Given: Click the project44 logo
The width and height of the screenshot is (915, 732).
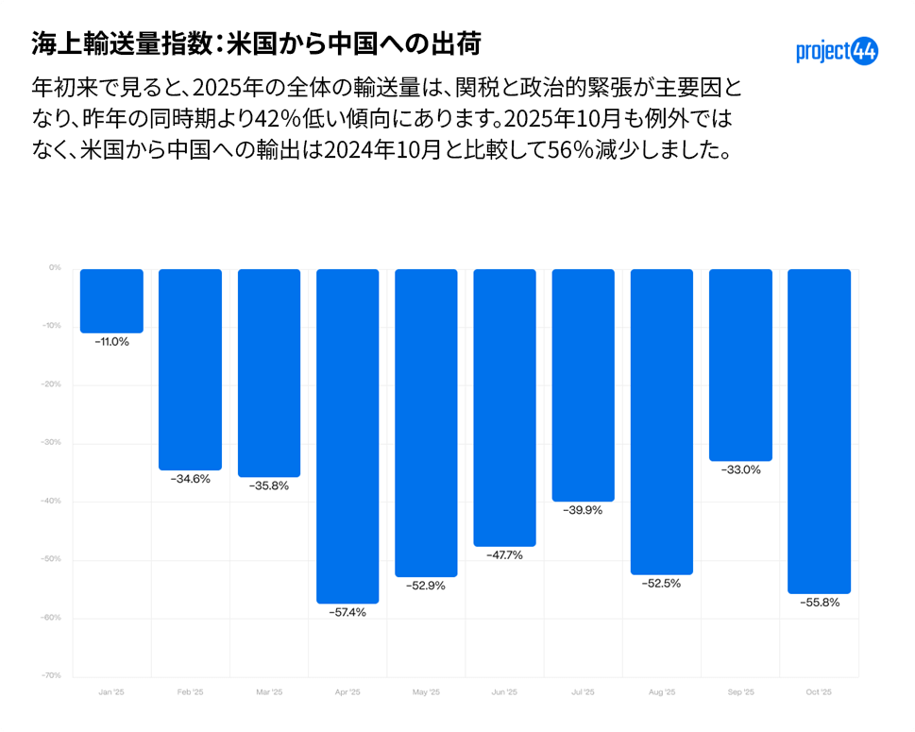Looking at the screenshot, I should pos(837,51).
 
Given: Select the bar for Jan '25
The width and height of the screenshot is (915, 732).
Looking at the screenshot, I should pos(111,300).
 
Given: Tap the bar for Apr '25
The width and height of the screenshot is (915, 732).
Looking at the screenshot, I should pos(347,435).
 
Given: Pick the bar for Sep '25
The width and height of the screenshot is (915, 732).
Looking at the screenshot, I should pos(740,365).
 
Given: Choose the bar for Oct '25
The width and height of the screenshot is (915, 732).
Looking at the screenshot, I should pos(820,431).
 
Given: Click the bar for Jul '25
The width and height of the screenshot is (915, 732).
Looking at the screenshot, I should pos(584,384).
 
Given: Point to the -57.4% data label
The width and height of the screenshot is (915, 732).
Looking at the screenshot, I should pos(347,612).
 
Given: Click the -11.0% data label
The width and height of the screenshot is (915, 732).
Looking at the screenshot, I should pos(111,342).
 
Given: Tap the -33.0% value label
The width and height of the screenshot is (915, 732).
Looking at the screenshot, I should pos(740,469).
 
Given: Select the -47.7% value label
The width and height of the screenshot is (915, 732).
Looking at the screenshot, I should pos(504,554).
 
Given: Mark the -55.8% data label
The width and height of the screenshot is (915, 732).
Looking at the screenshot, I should pos(820,602).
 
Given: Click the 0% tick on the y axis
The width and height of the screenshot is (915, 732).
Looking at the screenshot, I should pos(55,268).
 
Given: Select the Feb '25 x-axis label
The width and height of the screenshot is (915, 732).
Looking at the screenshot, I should pos(190,692).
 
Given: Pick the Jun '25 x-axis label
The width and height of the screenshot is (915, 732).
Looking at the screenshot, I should pos(504,692).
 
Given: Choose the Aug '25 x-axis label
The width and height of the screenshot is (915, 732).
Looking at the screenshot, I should pos(662,692).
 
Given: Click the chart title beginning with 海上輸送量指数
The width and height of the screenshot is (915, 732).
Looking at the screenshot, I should pos(257,43).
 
